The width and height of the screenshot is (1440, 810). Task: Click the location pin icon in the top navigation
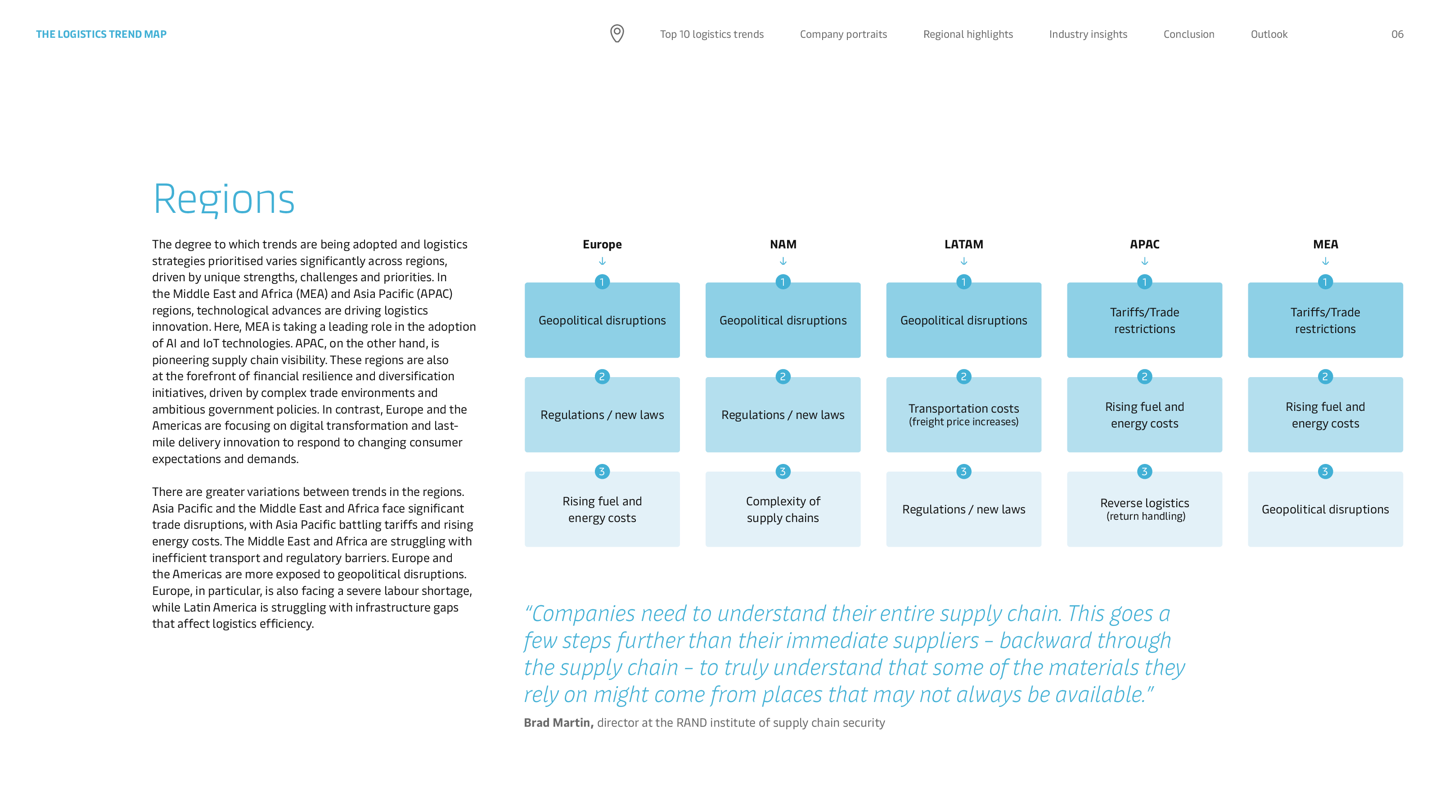click(616, 34)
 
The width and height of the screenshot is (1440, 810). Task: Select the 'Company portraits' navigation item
click(843, 34)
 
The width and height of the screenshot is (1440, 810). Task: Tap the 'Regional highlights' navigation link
click(967, 34)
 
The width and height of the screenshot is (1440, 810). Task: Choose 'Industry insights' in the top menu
click(1088, 34)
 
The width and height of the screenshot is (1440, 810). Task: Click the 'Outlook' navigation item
click(1269, 34)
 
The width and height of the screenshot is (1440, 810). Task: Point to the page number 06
click(1397, 34)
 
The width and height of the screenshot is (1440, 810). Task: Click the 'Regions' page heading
click(224, 199)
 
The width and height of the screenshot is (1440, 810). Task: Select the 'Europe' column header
click(602, 244)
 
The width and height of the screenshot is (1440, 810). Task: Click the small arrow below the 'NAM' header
click(783, 261)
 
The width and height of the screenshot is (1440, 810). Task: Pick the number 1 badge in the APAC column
click(1144, 282)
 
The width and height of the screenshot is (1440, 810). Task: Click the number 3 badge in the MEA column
click(1325, 471)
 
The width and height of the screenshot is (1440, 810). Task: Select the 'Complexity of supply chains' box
click(783, 509)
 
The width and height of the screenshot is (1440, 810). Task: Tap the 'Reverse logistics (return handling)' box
click(1144, 509)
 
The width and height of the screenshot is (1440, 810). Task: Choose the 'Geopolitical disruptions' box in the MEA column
click(1325, 509)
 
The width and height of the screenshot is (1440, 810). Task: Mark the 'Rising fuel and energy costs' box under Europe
click(602, 509)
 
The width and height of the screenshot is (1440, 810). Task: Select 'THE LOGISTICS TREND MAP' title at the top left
click(101, 34)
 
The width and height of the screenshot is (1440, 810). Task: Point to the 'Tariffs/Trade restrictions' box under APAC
click(1144, 320)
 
